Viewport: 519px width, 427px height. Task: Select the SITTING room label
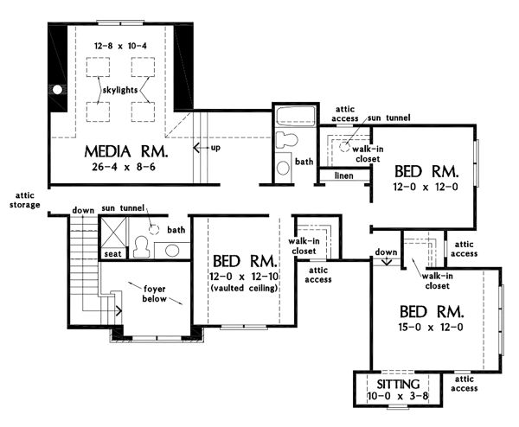[x=399, y=382]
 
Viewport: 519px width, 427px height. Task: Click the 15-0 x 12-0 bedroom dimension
[x=432, y=327]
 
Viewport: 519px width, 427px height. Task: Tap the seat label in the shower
[x=112, y=253]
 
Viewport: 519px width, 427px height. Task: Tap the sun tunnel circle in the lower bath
[x=153, y=230]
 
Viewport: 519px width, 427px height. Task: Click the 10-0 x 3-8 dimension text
[x=399, y=395]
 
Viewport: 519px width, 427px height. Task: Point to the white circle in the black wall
[x=56, y=89]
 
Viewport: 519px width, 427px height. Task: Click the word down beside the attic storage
[x=84, y=210]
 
